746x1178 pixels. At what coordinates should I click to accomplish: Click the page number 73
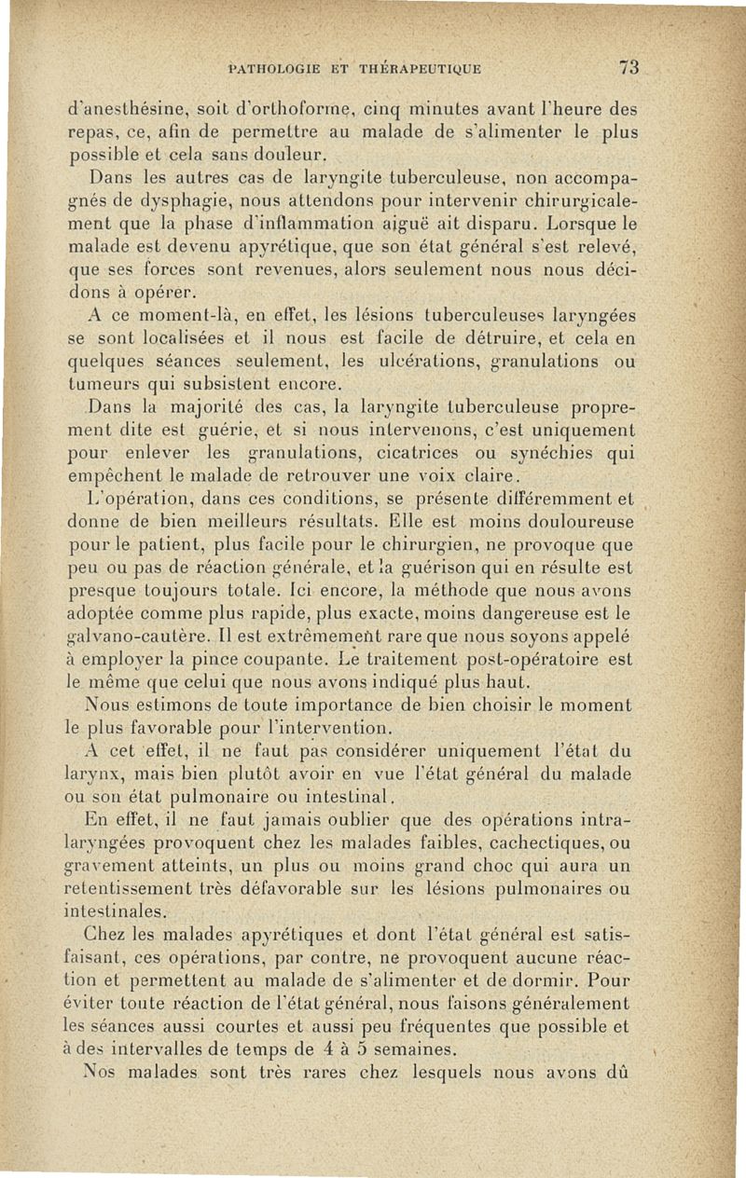(x=628, y=67)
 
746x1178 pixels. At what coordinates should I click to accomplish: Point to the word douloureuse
(x=581, y=523)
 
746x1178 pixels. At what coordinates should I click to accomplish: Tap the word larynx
(x=99, y=774)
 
